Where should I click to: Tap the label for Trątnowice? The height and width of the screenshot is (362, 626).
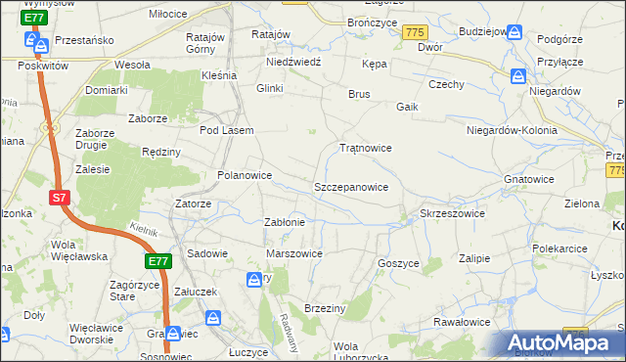pyautogui.click(x=365, y=148)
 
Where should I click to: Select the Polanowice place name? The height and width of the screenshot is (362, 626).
pyautogui.click(x=244, y=175)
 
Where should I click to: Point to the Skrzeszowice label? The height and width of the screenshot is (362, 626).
pyautogui.click(x=452, y=212)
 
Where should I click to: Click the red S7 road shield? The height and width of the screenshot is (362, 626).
pyautogui.click(x=60, y=198)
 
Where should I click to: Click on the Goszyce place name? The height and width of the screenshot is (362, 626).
pyautogui.click(x=398, y=263)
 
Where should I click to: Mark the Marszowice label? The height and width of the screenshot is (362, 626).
pyautogui.click(x=294, y=253)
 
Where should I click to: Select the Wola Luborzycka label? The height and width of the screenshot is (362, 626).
pyautogui.click(x=360, y=351)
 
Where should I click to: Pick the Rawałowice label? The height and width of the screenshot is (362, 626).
pyautogui.click(x=462, y=322)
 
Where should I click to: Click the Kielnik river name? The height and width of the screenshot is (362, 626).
pyautogui.click(x=143, y=228)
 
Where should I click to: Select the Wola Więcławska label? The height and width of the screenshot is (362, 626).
pyautogui.click(x=78, y=250)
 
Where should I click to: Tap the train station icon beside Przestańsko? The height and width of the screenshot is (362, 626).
pyautogui.click(x=38, y=42)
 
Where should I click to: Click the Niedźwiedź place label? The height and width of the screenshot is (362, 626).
pyautogui.click(x=294, y=61)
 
